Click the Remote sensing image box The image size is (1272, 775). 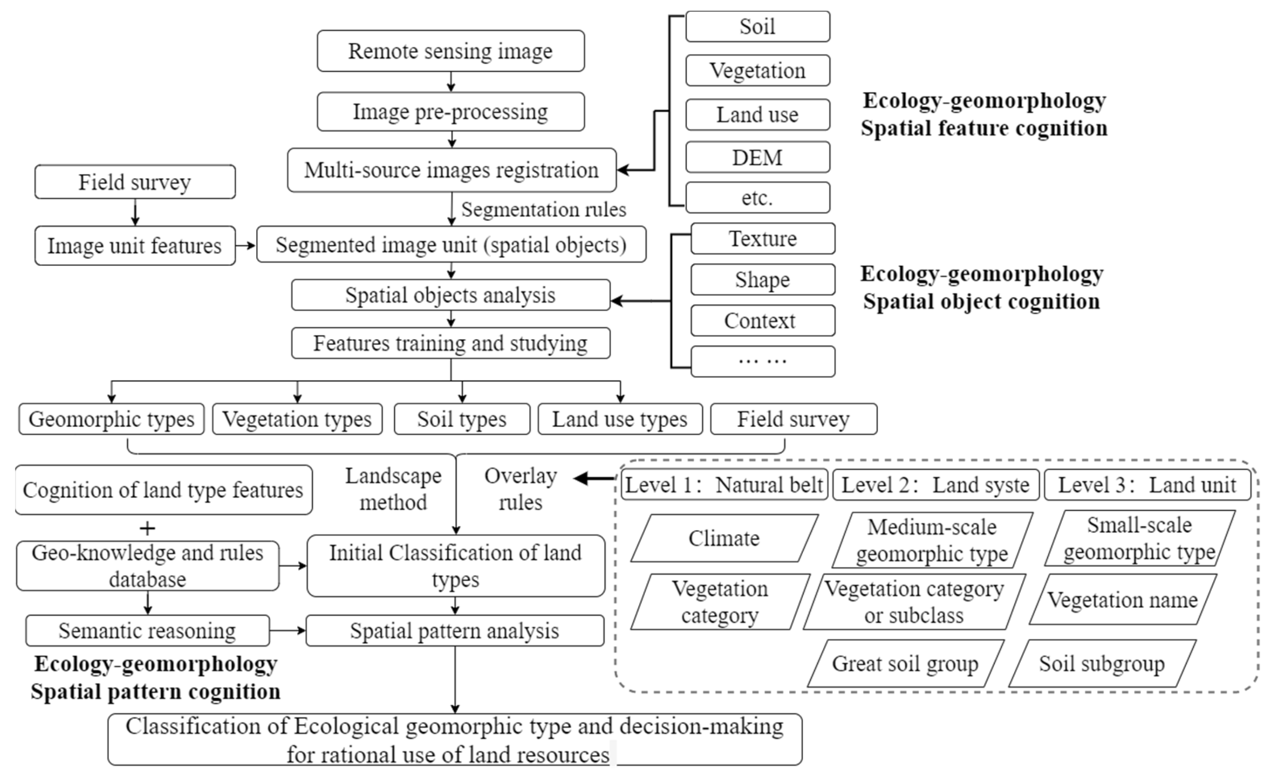[x=451, y=51]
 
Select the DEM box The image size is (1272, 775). [x=757, y=158]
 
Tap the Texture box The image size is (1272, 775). [x=763, y=239]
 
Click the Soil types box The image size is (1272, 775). [x=461, y=419]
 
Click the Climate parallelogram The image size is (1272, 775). [x=724, y=538]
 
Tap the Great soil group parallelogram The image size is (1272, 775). [x=905, y=664]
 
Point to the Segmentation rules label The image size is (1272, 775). [x=543, y=209]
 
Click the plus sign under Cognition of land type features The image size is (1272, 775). [x=148, y=528]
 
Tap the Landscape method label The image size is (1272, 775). [x=393, y=489]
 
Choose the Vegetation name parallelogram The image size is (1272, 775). [x=1122, y=599]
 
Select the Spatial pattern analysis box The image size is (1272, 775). [x=454, y=631]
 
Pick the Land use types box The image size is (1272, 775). [x=620, y=419]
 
